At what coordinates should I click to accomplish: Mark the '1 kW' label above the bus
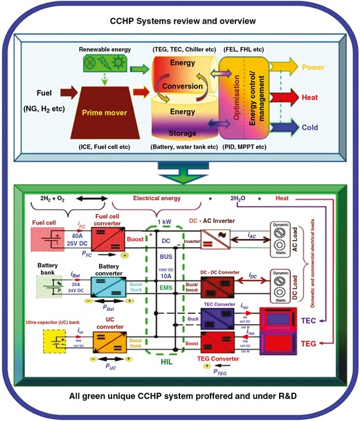(x=167, y=222)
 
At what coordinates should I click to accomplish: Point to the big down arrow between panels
(x=179, y=167)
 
